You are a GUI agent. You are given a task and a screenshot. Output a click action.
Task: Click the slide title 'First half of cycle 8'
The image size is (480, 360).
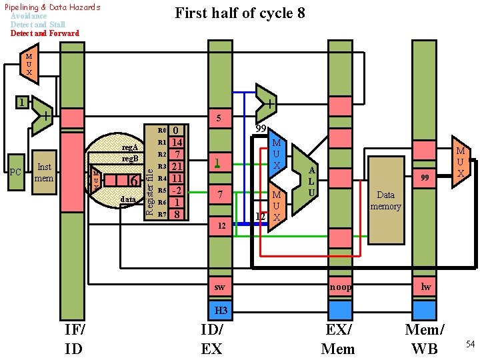pyautogui.click(x=239, y=13)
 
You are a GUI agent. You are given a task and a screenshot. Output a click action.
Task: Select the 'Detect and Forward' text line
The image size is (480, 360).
pyautogui.click(x=45, y=33)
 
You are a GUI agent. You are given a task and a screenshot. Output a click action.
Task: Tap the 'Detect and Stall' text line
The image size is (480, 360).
pyautogui.click(x=38, y=25)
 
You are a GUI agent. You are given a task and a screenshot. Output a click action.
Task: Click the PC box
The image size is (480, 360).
pyautogui.click(x=16, y=172)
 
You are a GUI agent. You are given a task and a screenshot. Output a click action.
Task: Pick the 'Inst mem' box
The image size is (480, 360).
pyautogui.click(x=44, y=172)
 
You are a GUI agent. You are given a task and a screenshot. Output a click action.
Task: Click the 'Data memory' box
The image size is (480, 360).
pyautogui.click(x=386, y=201)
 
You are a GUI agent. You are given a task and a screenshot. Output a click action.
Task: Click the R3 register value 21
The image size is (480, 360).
pyautogui.click(x=177, y=167)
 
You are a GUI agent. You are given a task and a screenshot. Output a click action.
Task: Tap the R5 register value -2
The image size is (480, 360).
pyautogui.click(x=177, y=191)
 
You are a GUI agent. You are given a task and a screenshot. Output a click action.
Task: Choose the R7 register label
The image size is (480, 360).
pyautogui.click(x=161, y=215)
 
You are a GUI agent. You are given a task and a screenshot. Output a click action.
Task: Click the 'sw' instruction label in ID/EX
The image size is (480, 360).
pyautogui.click(x=220, y=287)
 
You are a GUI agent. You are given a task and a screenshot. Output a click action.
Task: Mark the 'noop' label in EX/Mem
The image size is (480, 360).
pyautogui.click(x=339, y=287)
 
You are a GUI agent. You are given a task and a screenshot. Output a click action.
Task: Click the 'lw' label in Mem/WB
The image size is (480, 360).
pyautogui.click(x=425, y=287)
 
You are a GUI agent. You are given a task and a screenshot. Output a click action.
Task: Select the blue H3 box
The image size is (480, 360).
pyautogui.click(x=221, y=310)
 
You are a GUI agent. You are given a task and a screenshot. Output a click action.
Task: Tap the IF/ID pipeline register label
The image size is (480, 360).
pyautogui.click(x=74, y=339)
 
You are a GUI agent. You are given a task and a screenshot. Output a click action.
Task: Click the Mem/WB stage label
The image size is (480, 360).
pyautogui.click(x=424, y=339)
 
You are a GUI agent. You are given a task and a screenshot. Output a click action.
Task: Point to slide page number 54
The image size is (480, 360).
pyautogui.click(x=469, y=344)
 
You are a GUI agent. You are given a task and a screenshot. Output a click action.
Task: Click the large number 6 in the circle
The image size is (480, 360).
pyautogui.click(x=133, y=181)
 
